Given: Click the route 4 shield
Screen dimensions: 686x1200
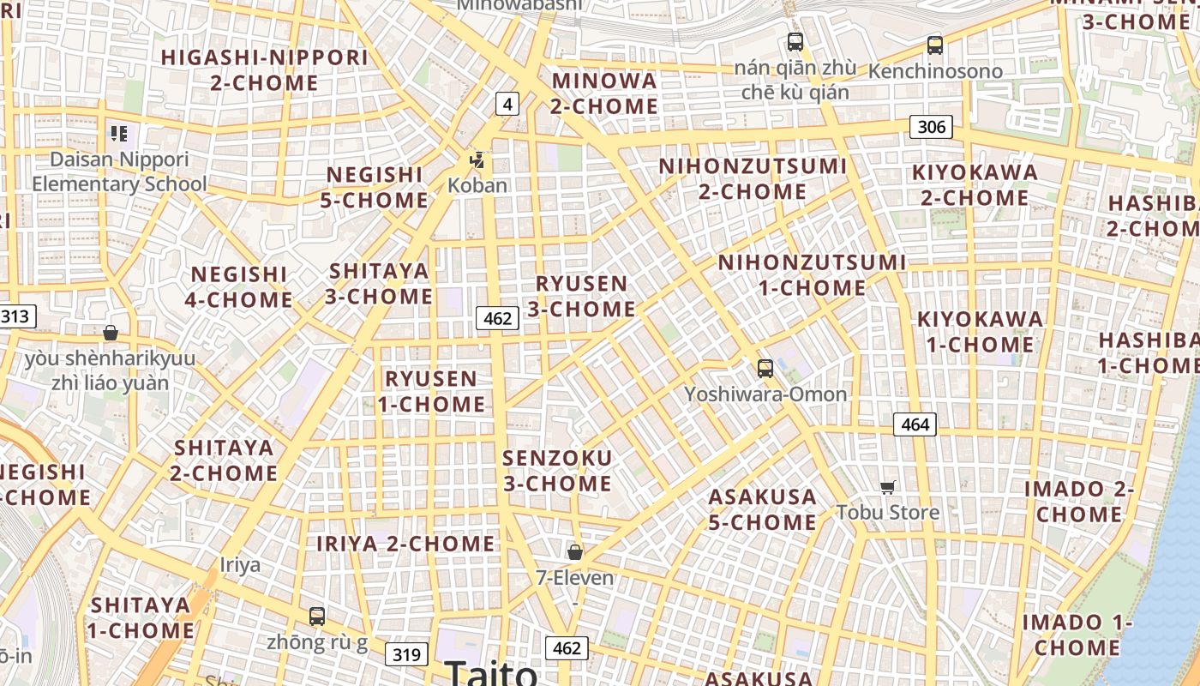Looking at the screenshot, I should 507,105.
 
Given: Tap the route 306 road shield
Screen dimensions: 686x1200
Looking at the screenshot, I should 931,128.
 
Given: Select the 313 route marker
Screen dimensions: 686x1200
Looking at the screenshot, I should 15,316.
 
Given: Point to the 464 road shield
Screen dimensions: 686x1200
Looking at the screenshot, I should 915,424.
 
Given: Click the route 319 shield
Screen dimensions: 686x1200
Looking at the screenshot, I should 405,655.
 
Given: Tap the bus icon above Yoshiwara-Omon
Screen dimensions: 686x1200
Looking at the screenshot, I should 765,369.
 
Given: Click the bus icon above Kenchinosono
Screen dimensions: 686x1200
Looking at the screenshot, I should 935,45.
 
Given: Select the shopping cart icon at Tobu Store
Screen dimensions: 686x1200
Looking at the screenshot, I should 888,487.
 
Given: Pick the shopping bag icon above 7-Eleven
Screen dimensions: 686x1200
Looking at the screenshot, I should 575,551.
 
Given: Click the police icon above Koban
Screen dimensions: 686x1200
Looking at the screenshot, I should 477,159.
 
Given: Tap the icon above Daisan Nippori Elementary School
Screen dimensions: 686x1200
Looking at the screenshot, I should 119,134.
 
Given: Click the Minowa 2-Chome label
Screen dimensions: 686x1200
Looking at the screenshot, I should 604,93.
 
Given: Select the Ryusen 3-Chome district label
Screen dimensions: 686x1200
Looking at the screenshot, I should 581,296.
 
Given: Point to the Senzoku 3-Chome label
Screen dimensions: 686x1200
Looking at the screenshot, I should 557,471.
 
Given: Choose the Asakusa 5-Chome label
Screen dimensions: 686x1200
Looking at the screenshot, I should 762,509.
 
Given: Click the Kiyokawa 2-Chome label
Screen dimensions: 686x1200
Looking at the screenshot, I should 975,184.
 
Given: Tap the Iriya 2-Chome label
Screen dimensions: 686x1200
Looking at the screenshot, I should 405,544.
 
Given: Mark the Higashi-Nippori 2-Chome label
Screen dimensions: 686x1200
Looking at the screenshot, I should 265,70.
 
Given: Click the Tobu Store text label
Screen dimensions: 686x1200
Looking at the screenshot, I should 888,513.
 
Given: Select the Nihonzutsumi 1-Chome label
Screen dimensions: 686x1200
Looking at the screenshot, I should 812,274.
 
